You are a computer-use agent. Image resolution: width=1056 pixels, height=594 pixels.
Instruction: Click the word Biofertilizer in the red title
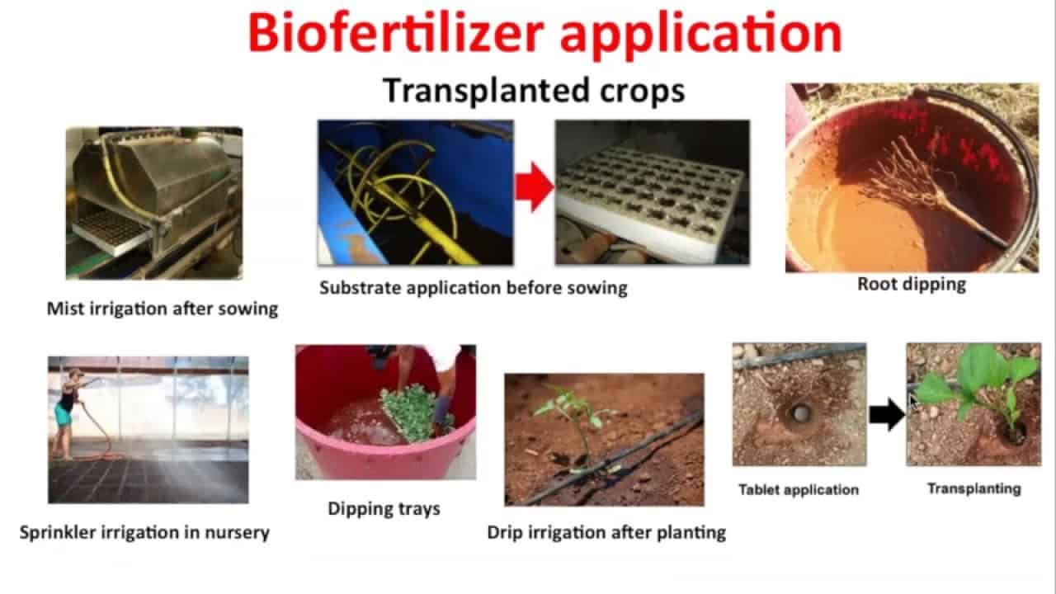point(396,33)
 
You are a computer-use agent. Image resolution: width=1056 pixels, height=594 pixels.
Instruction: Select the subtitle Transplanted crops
point(534,90)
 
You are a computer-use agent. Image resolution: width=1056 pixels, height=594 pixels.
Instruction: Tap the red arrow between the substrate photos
point(535,186)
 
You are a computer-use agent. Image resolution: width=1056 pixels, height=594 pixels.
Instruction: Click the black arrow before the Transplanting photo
point(887,414)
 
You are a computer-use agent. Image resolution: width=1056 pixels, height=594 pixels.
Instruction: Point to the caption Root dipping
point(912,285)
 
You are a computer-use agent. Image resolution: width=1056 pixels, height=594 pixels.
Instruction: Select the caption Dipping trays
point(384,509)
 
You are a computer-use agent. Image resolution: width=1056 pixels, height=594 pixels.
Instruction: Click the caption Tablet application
point(799,490)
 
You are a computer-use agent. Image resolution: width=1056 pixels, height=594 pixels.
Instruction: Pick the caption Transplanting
point(974,489)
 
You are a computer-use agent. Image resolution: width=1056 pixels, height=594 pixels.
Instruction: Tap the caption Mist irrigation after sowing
point(163,309)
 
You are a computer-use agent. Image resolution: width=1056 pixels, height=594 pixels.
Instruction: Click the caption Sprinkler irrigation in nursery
point(144,533)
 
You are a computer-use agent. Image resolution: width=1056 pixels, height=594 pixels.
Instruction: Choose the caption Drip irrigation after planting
point(606,533)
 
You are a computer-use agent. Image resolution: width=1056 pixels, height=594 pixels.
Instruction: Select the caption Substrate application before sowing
point(474,288)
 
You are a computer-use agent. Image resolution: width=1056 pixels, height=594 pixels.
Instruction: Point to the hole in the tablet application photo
point(799,413)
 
